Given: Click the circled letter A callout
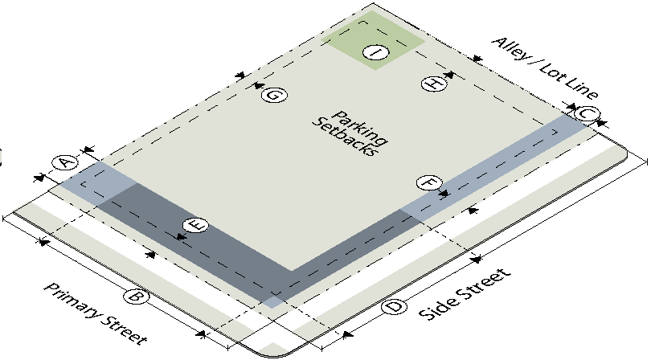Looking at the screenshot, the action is tap(65, 162).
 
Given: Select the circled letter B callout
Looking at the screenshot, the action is tap(136, 297).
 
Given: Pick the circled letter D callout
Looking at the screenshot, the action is tap(394, 307).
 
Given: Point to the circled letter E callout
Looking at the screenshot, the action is tap(196, 226).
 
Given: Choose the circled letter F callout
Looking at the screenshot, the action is tap(429, 182).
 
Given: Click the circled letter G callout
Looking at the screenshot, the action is tap(274, 95).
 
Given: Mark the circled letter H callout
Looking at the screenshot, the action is tap(434, 84).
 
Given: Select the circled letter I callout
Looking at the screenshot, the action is tap(376, 53).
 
